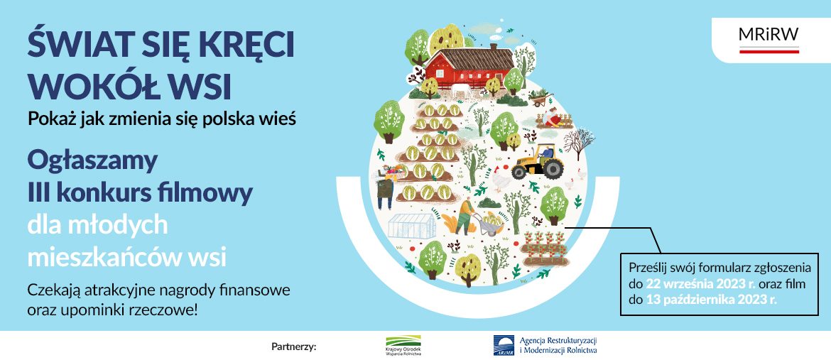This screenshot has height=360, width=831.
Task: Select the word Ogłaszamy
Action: click(x=93, y=162)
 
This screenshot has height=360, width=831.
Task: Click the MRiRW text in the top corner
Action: click(x=768, y=34)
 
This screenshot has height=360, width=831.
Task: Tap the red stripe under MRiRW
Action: click(x=768, y=51)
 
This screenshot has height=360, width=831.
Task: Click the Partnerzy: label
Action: click(x=293, y=347)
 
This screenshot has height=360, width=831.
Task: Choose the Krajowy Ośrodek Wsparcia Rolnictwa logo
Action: click(x=404, y=345)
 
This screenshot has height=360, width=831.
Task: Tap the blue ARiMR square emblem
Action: click(x=504, y=344)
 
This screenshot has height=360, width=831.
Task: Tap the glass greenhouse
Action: click(x=412, y=227)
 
